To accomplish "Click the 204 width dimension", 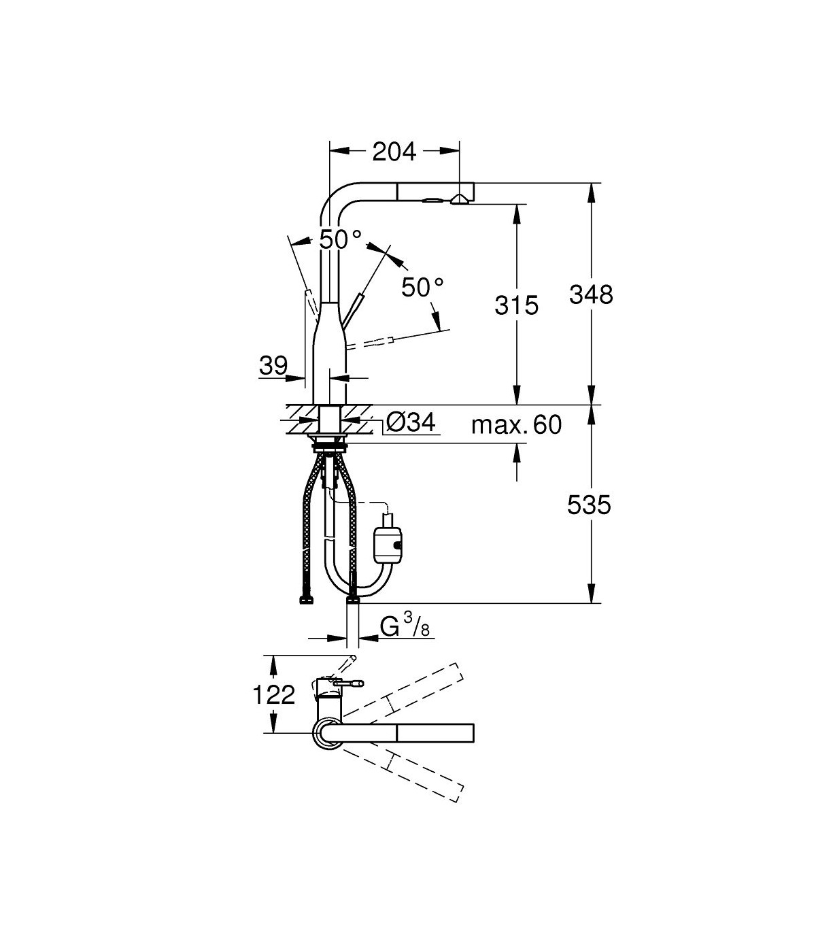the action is coord(394,152).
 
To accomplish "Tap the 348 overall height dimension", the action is coord(591,295).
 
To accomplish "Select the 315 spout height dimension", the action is coord(517,305).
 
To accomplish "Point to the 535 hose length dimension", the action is coord(589,505).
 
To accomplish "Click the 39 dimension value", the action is coord(274,365).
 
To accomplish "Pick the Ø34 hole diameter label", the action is coord(411,422).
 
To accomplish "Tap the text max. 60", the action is coord(517,425).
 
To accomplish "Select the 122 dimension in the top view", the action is coord(274,696).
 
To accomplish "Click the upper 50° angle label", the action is coord(340,239).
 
